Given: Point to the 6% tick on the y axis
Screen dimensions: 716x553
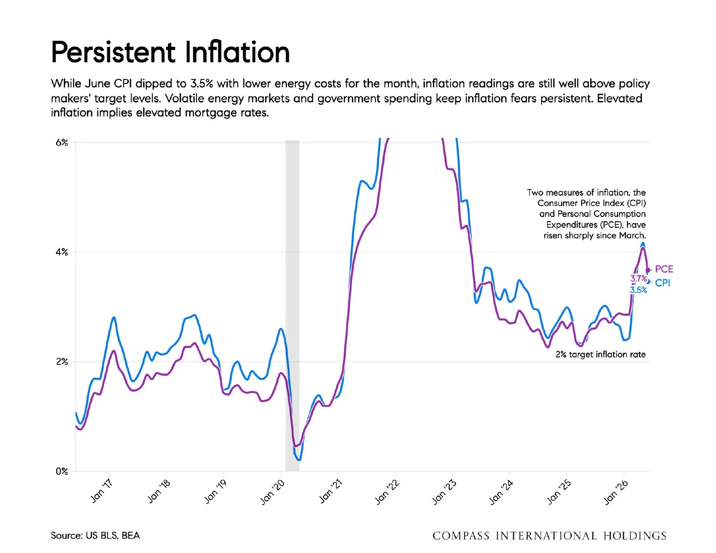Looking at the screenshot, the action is pos(62,143).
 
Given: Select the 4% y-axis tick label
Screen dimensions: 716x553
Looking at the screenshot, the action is pos(62,252).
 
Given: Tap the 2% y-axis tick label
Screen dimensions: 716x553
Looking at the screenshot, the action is pos(62,362).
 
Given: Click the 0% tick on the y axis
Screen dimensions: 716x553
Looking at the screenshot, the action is pos(62,471).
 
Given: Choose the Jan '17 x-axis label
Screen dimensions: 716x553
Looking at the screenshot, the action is pos(101,491).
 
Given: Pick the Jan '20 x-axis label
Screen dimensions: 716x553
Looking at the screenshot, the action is pos(273,492).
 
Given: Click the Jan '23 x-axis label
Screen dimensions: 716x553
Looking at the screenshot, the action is pos(444,492).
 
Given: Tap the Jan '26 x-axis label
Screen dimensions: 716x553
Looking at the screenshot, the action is pos(616,492).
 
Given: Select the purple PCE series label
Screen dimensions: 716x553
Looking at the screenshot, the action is pos(664,269).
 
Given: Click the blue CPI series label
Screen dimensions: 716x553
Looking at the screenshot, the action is pos(662,283).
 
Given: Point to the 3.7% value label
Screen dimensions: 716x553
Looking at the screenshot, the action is pos(639,278).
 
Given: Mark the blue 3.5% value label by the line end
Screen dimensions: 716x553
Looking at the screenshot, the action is pos(639,290).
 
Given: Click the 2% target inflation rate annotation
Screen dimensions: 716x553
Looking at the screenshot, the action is pos(601,354).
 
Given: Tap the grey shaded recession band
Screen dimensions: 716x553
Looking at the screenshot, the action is pos(292,306).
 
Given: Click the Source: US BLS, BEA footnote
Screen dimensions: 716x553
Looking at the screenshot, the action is pos(95,536).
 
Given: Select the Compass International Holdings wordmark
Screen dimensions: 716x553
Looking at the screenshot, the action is pos(549,536).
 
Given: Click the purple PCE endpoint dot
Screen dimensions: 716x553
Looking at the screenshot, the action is pos(648,270).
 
